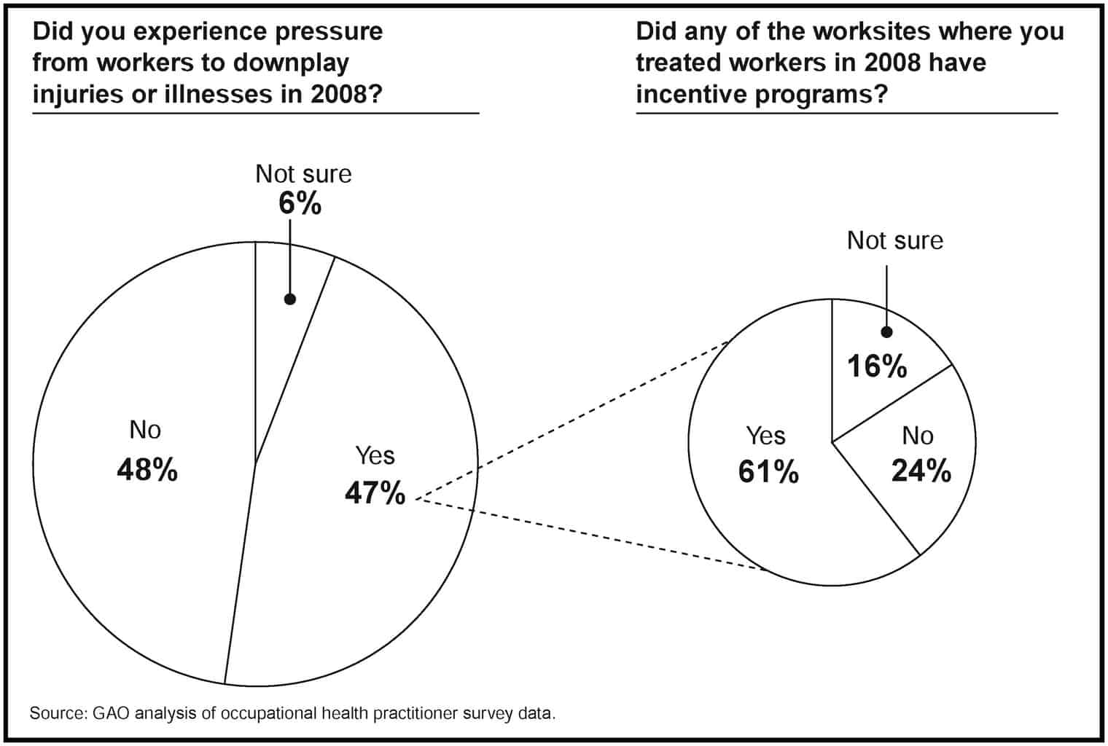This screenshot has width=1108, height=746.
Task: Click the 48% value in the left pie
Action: tap(147, 471)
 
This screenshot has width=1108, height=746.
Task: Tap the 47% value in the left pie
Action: tap(375, 494)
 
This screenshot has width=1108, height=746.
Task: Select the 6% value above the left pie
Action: tap(300, 204)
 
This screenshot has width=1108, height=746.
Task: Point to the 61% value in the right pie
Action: tap(768, 473)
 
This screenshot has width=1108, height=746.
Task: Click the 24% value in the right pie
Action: tap(921, 471)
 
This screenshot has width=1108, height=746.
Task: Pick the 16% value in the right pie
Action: tap(876, 366)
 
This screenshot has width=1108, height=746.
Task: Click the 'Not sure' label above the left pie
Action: tap(303, 174)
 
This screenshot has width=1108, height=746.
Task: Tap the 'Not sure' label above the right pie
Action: tap(894, 240)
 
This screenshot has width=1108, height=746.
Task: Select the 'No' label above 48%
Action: tap(144, 431)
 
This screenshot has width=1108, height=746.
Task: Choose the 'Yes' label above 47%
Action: tap(375, 455)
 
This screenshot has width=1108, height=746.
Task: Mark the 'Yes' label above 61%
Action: tap(765, 436)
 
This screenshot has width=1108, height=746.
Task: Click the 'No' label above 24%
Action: tap(917, 436)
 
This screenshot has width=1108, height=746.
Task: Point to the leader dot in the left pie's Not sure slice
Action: tap(289, 299)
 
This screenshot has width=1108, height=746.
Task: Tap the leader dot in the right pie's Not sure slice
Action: tap(886, 332)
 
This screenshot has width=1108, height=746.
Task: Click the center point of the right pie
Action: tap(832, 441)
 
